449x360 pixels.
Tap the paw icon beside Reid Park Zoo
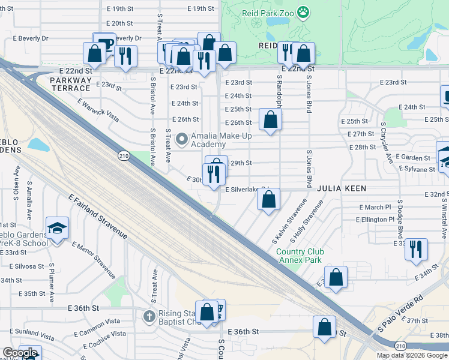pos(304,11)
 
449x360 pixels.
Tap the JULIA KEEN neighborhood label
pos(345,188)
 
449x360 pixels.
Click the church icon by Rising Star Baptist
pos(149,316)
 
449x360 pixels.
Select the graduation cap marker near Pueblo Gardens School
pos(57,229)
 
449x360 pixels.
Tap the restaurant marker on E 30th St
pos(214,175)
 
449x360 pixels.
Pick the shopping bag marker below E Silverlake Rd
pos(269,200)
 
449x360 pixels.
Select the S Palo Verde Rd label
pos(400,313)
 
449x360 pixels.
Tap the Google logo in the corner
pos(19,353)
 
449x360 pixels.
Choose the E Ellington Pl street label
pos(376,220)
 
